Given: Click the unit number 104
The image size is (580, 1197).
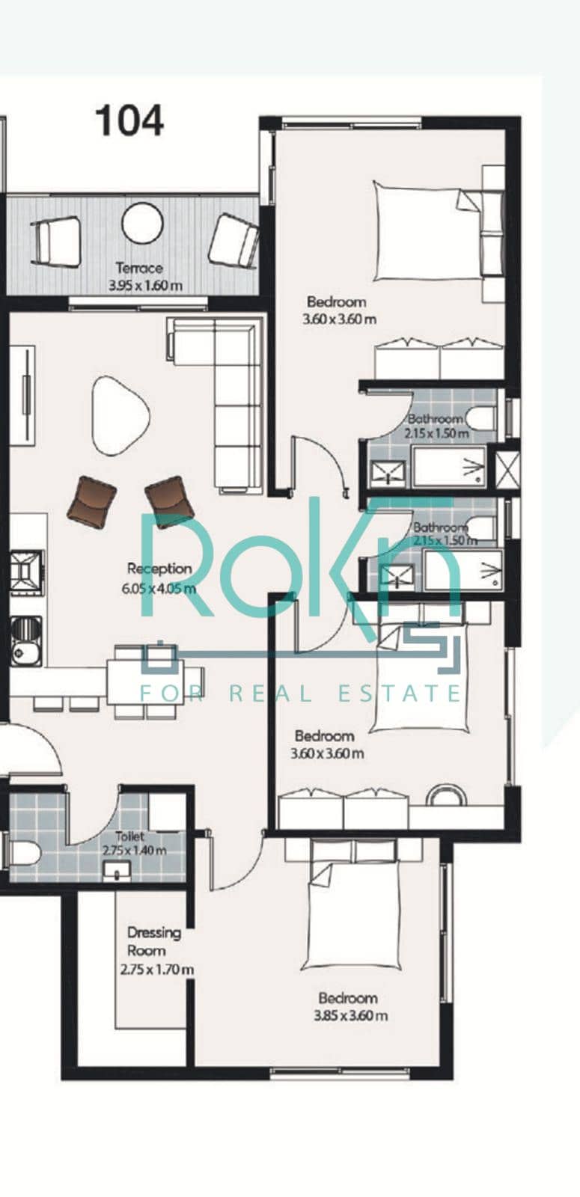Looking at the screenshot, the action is (130, 120).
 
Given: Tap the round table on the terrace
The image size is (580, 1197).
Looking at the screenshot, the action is (142, 224).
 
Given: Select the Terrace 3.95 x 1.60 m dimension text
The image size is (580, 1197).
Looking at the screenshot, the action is (145, 285).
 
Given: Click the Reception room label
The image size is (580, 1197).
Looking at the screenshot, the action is (159, 569).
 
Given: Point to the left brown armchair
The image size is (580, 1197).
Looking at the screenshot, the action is (92, 501).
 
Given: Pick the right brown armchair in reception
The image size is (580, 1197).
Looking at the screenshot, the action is (169, 500).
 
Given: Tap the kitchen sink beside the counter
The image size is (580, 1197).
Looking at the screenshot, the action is (25, 641).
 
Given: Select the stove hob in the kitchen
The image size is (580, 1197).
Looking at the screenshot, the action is (26, 572).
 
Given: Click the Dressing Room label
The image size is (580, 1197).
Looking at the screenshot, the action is (154, 942).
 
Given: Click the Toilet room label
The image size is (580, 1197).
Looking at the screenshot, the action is (130, 836).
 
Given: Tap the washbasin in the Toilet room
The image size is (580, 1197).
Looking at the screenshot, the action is (117, 871).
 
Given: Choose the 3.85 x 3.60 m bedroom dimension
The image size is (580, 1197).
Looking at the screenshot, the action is (351, 1015).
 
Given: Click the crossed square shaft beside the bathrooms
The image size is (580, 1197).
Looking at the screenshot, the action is (507, 470).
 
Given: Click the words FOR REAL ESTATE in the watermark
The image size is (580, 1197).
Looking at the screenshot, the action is (300, 694).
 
